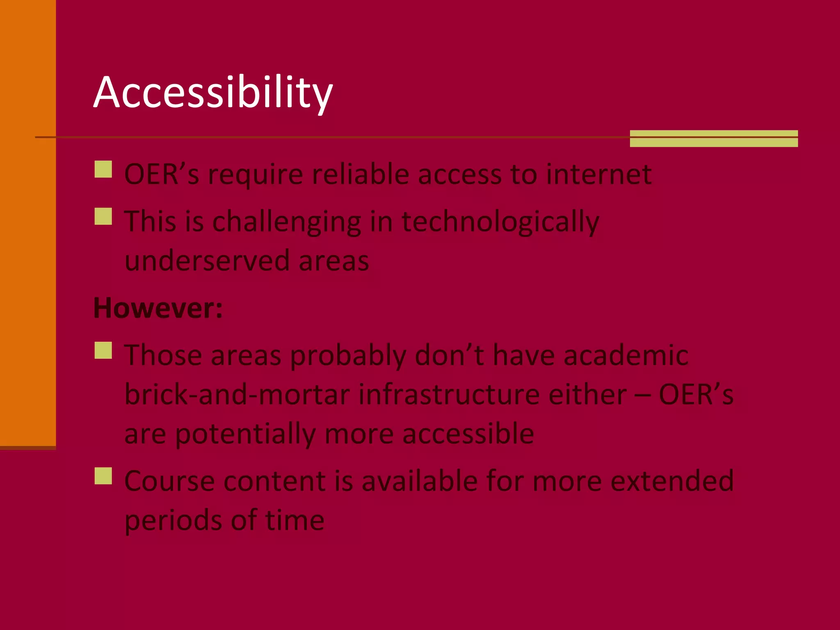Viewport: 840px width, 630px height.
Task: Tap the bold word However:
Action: [x=158, y=308]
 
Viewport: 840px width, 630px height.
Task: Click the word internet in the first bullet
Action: [x=599, y=174]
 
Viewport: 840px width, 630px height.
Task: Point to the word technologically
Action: [x=500, y=222]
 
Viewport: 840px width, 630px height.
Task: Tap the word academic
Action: [x=626, y=355]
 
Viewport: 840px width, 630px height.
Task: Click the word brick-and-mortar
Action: [x=237, y=395]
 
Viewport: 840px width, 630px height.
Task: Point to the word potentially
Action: [x=246, y=434]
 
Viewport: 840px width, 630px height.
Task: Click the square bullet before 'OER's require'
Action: [x=103, y=169]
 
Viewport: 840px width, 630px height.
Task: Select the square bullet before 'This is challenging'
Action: [x=103, y=217]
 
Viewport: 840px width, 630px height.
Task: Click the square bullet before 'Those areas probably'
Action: [x=103, y=351]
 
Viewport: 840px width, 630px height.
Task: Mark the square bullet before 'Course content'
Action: [x=103, y=476]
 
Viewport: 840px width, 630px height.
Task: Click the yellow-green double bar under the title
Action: [x=714, y=139]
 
